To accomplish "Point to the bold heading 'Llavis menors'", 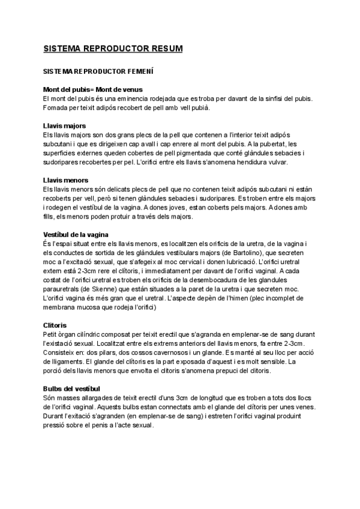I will tap(66, 180).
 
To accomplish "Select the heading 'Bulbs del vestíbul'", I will tap(71, 388).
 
